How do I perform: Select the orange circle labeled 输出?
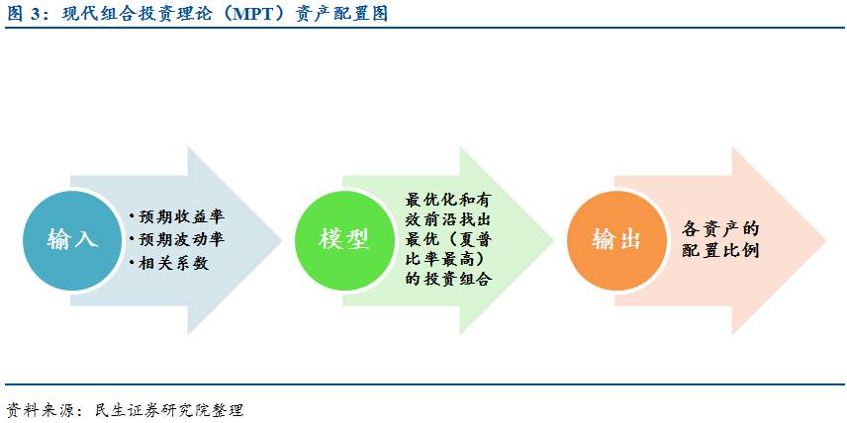615,239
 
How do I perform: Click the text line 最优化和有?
448,199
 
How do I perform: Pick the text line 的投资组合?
448,280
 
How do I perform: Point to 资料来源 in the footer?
36,408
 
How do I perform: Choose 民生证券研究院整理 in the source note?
166,408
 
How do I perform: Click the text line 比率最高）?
448,259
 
